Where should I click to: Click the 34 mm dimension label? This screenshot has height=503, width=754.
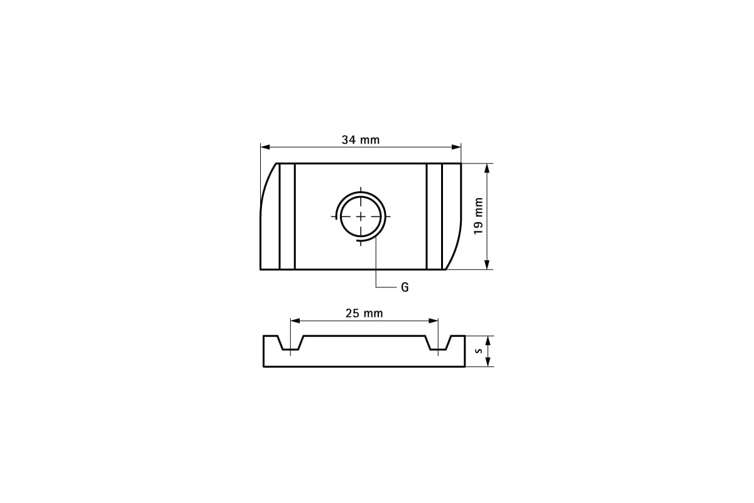tap(361, 140)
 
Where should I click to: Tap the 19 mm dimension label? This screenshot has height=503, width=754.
tap(479, 216)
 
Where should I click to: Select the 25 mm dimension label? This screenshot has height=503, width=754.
tap(364, 312)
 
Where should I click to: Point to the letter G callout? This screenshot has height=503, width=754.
tap(405, 287)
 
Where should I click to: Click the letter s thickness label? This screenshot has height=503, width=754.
tap(479, 351)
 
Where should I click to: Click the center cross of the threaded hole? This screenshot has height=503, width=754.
tap(361, 216)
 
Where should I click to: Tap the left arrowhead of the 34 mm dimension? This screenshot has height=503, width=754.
tap(265, 147)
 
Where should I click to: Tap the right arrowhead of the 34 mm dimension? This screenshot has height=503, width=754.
tap(457, 147)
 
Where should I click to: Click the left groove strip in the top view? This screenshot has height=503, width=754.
tap(287, 216)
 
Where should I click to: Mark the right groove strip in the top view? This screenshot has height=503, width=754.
tap(434, 216)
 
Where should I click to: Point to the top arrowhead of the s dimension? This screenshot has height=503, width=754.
tap(488, 340)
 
